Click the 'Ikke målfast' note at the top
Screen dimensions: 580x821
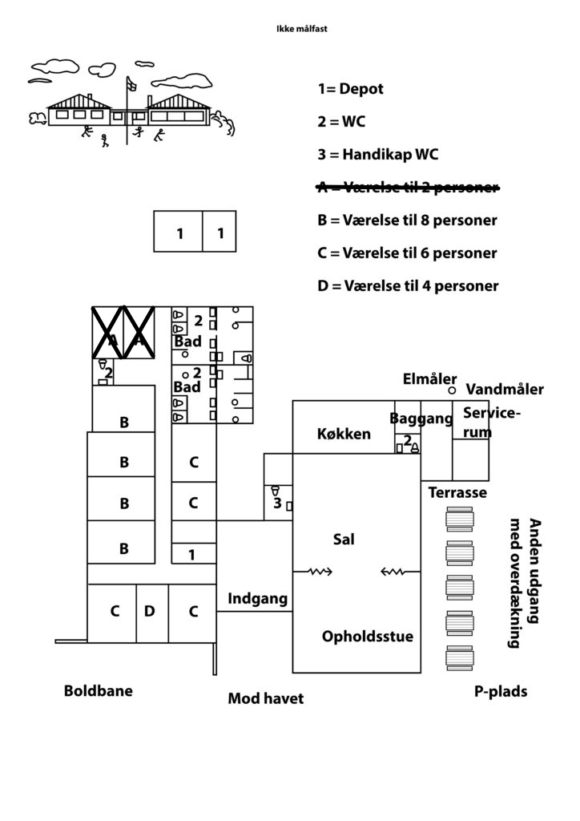click(302, 29)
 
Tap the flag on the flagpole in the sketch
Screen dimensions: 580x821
click(131, 83)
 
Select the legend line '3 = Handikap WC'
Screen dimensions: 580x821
click(377, 155)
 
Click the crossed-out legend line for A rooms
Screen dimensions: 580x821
click(408, 187)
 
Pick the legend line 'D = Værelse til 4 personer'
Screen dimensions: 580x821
click(408, 286)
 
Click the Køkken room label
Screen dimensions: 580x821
click(344, 434)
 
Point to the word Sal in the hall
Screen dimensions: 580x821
click(344, 539)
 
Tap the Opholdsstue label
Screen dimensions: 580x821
click(367, 637)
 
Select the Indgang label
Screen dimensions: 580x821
click(257, 599)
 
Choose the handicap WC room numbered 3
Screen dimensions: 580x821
click(278, 503)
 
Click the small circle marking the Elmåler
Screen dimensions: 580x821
click(453, 390)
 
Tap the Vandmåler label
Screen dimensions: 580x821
click(505, 390)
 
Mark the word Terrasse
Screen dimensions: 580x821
click(457, 493)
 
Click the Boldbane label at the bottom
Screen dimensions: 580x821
click(99, 690)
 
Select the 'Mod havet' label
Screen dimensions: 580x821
click(266, 698)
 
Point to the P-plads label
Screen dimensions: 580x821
click(501, 692)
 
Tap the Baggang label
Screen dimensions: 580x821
click(421, 419)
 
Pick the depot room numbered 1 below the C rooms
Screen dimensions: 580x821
click(194, 554)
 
